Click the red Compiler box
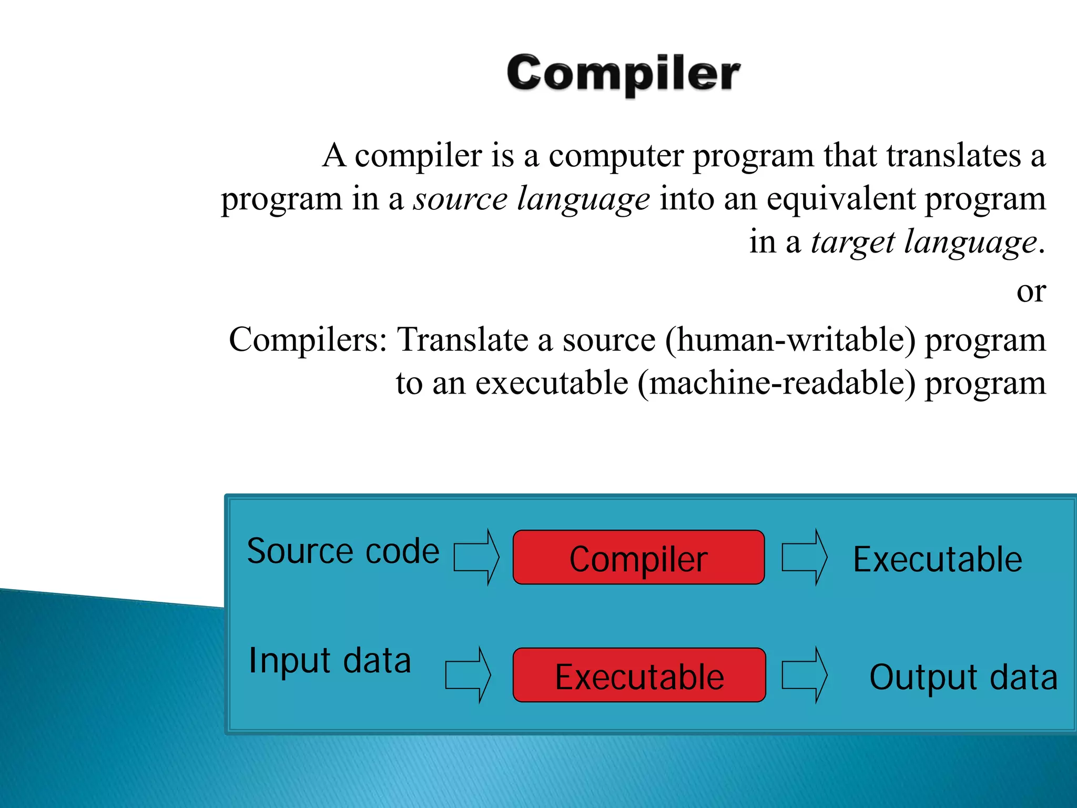pyautogui.click(x=638, y=558)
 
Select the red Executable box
pyautogui.click(x=639, y=675)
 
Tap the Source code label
pyautogui.click(x=343, y=551)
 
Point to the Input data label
pyautogui.click(x=330, y=661)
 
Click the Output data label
pyautogui.click(x=963, y=678)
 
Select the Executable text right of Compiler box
pyautogui.click(x=937, y=559)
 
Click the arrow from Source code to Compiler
pyautogui.click(x=476, y=558)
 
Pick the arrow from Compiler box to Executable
pyautogui.click(x=804, y=558)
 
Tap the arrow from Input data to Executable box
pyautogui.click(x=468, y=675)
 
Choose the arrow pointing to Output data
pyautogui.click(x=804, y=675)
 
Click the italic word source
pyautogui.click(x=460, y=199)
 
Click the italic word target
pyautogui.click(x=852, y=243)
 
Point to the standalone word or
pyautogui.click(x=1031, y=291)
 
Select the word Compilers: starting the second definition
pyautogui.click(x=308, y=340)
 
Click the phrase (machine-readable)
pyautogui.click(x=776, y=383)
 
